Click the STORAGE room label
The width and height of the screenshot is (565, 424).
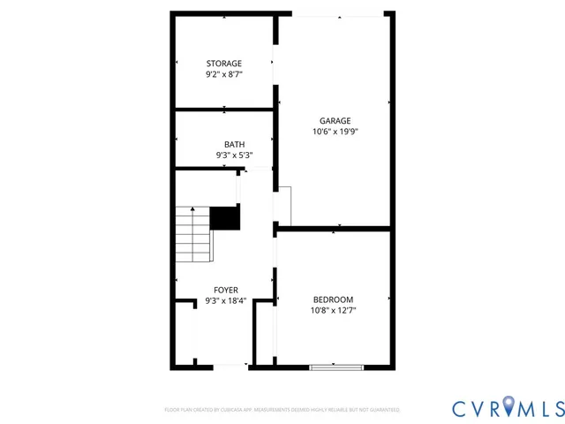(x=224, y=64)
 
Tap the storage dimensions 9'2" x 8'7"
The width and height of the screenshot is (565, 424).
(x=224, y=75)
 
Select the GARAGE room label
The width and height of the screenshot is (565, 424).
(x=335, y=121)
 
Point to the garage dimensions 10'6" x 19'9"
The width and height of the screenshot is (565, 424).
(x=335, y=132)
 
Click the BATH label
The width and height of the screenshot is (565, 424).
(x=234, y=145)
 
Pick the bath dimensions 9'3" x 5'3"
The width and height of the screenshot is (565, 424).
(x=234, y=155)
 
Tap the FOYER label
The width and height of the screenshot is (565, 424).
(x=226, y=290)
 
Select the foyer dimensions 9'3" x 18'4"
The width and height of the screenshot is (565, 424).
(x=226, y=300)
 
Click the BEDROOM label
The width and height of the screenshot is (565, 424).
(x=333, y=299)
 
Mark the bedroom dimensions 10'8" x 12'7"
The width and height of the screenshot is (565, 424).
(x=333, y=310)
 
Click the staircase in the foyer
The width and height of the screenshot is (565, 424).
(x=193, y=234)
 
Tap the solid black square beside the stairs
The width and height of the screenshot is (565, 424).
(x=225, y=217)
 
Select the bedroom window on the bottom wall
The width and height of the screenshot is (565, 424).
(x=336, y=366)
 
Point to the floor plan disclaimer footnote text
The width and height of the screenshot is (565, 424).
(x=282, y=410)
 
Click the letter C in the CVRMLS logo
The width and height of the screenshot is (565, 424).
(x=461, y=408)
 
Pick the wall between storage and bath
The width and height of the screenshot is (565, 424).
(x=224, y=110)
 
